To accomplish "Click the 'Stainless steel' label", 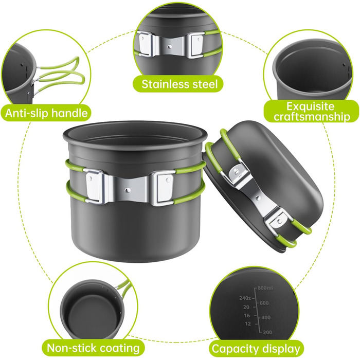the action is click(x=179, y=84).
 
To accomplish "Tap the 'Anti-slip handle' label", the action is click(x=46, y=113).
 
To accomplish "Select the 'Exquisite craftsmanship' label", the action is click(x=312, y=112).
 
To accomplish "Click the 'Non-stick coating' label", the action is click(x=93, y=348).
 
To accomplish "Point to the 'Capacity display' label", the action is click(x=256, y=349).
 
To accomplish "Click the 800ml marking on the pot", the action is click(x=265, y=288).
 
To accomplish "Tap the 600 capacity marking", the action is click(x=264, y=303).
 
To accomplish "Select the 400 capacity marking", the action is click(x=266, y=318).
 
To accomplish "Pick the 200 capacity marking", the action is click(x=267, y=332).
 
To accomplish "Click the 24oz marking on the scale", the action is click(x=245, y=298).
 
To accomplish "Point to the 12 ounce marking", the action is click(x=248, y=324).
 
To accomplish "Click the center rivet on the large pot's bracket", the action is click(x=127, y=190).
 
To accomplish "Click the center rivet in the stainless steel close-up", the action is click(x=169, y=47).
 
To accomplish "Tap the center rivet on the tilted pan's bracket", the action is click(x=258, y=197).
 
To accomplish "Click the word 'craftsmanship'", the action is click(x=312, y=117).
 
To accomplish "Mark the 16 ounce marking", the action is click(x=247, y=316).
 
